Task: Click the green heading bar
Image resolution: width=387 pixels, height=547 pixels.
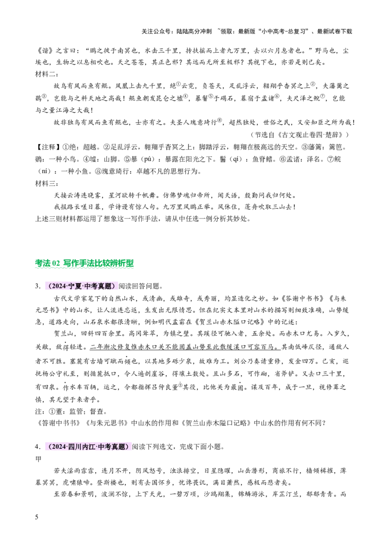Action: point(85,264)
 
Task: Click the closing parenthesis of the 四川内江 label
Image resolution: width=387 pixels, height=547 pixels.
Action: point(128,447)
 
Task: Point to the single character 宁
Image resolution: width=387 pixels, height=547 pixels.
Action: point(72,286)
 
